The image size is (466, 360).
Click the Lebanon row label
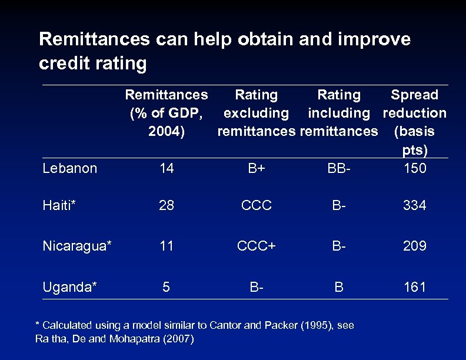[x=69, y=168]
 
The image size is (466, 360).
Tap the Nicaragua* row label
[x=76, y=246]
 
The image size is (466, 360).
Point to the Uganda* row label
[x=69, y=287]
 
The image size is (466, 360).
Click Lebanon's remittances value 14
[x=167, y=168]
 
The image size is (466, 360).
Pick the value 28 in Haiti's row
[x=167, y=205]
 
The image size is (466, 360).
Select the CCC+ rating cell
[x=256, y=246]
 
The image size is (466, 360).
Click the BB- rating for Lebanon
[x=339, y=168]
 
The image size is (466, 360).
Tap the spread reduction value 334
[x=414, y=205]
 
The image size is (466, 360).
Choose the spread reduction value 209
[x=414, y=246]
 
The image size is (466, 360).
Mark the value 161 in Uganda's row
[x=414, y=287]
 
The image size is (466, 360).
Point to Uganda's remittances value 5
[x=167, y=287]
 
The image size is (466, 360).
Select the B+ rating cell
[x=256, y=168]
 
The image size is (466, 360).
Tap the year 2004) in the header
[x=167, y=131]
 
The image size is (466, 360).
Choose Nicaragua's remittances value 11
[x=167, y=246]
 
